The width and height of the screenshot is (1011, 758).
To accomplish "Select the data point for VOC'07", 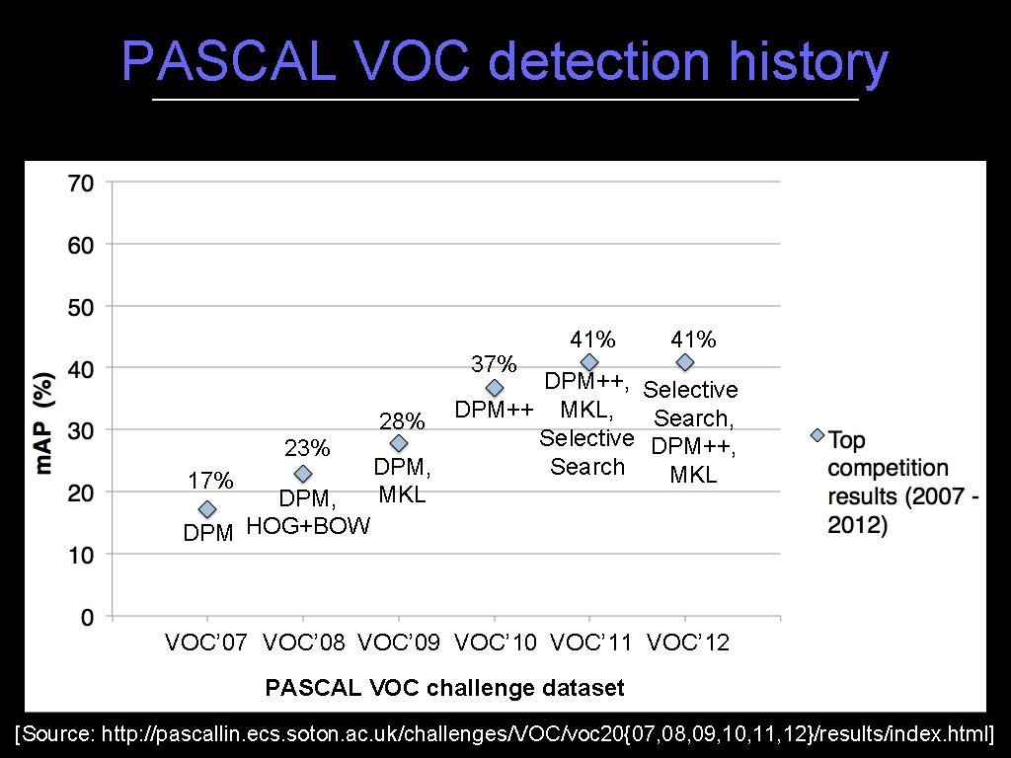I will [207, 509].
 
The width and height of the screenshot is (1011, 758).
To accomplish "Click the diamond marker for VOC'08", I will [303, 474].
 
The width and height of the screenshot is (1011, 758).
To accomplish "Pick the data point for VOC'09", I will [399, 444].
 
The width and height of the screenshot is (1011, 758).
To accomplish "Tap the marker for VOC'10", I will [495, 388].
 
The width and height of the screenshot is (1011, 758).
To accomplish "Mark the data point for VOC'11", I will [589, 363].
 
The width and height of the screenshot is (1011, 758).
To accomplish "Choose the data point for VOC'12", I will [685, 363].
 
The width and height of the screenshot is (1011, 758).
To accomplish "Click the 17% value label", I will [210, 481].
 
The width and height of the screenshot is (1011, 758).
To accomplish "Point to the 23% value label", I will [306, 449].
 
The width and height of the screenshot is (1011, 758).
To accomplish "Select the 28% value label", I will [402, 421].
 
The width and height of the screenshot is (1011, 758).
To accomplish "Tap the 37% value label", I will [494, 364].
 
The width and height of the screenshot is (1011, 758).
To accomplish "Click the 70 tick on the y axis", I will [81, 183].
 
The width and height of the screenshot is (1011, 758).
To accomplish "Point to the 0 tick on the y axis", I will [88, 618].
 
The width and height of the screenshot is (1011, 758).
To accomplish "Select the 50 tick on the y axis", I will [81, 307].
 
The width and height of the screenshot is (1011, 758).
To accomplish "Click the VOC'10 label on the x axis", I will [495, 644].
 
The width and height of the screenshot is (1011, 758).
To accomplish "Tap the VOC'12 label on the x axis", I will [687, 644].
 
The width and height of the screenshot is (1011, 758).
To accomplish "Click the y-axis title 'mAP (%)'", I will [44, 421].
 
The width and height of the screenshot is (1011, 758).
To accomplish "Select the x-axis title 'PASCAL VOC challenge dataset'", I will [444, 687].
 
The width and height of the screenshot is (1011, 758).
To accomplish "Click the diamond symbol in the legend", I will [817, 435].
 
